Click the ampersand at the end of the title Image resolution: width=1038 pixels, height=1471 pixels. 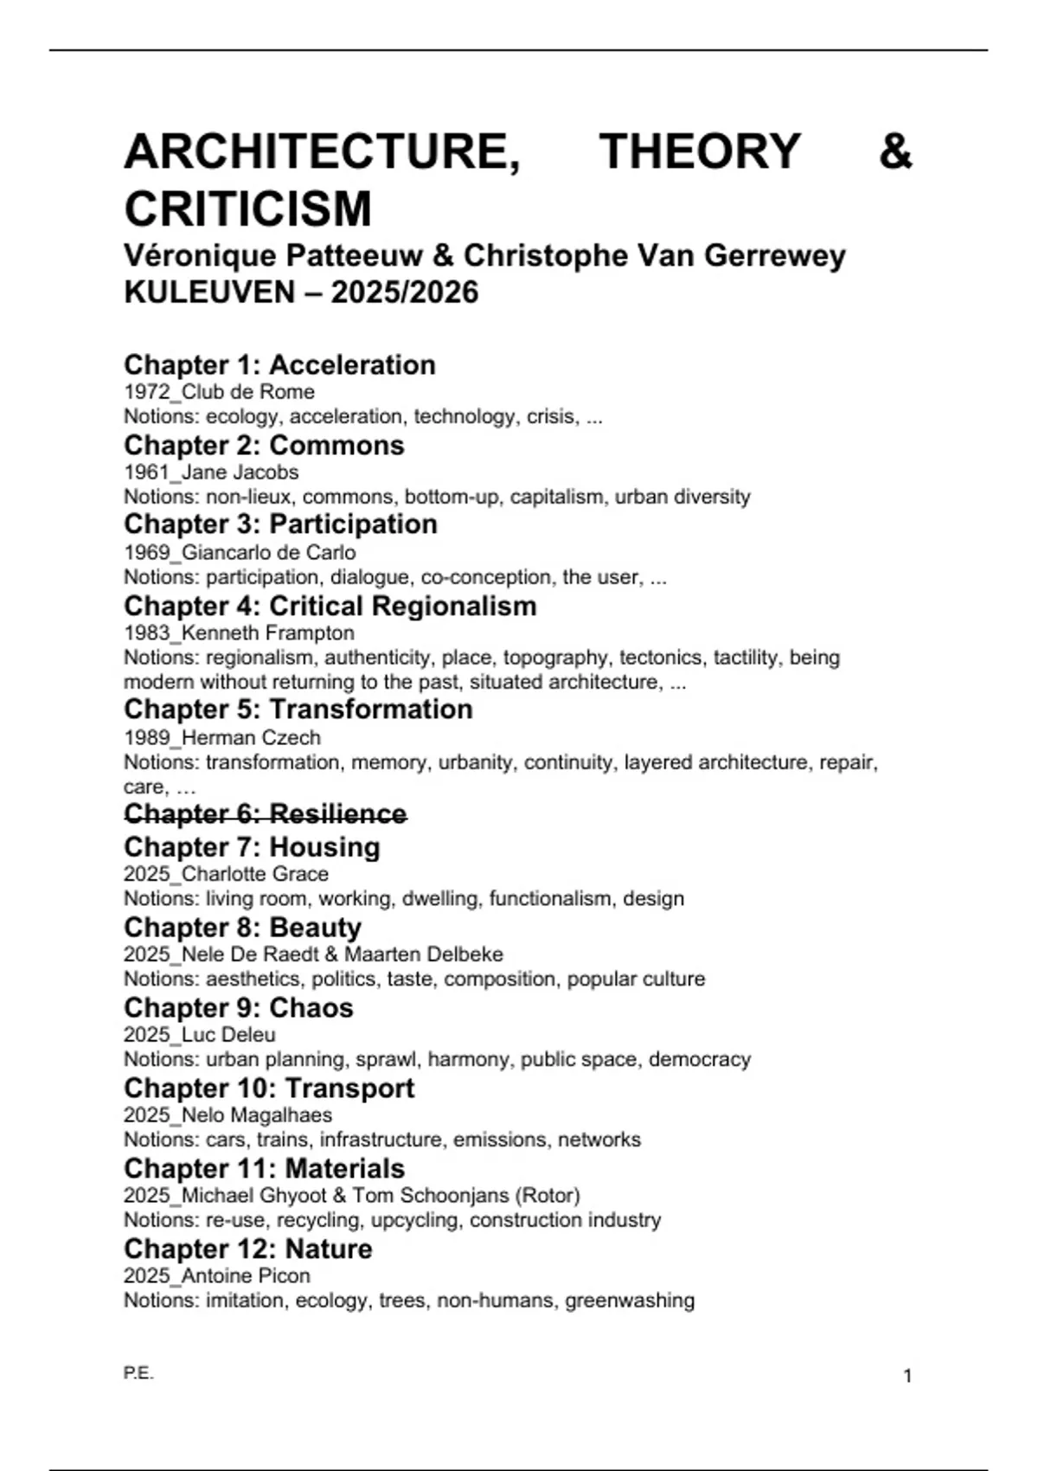[895, 151]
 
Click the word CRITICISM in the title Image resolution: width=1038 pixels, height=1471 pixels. [248, 209]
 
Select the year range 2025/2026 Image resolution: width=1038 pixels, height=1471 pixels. [404, 292]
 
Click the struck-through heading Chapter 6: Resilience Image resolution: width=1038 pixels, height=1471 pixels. [266, 814]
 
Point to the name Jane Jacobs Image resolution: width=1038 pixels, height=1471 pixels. [240, 472]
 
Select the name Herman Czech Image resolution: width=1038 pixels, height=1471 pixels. [251, 738]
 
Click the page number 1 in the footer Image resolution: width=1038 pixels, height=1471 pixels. [907, 1376]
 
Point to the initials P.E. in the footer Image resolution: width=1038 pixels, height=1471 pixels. [138, 1373]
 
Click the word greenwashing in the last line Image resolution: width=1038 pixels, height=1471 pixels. [630, 1301]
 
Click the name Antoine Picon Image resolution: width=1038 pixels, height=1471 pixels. [246, 1275]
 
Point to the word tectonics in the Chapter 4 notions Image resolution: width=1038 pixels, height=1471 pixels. [661, 658]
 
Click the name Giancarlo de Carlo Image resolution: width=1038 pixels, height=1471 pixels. [269, 552]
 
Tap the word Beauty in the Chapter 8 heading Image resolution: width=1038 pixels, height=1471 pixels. [316, 928]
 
